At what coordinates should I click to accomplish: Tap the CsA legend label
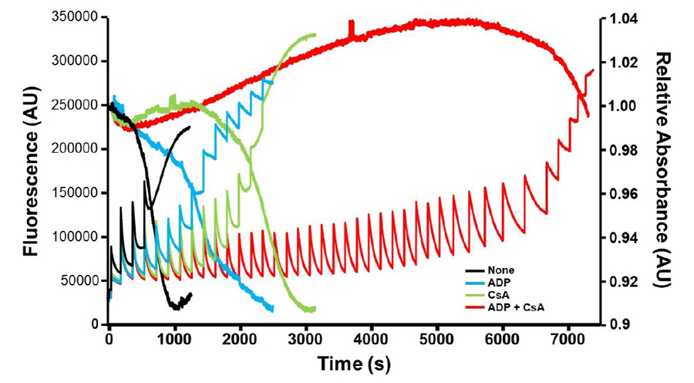click(498, 295)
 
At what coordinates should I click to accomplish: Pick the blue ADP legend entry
click(498, 283)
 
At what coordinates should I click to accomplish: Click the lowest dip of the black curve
click(177, 307)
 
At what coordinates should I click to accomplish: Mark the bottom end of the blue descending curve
click(272, 309)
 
